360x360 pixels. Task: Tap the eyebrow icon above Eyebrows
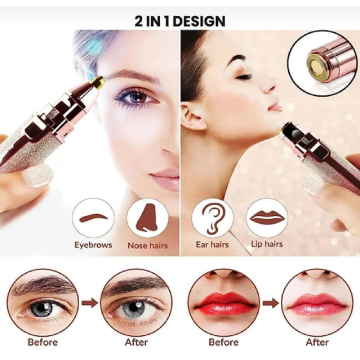coord(93,218)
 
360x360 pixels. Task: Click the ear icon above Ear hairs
coord(211,219)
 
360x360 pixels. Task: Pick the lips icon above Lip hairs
coord(267,217)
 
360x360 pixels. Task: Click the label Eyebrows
coord(93,245)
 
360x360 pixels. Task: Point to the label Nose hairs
coord(148,245)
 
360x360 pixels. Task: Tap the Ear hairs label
coord(212,244)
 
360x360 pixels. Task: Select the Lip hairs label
coord(267,243)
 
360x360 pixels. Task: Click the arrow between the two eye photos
coord(90,302)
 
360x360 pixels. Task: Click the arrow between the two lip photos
coord(270,303)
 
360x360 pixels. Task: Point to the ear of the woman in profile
coord(193,117)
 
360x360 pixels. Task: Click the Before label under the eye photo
coord(42,342)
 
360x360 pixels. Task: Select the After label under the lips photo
coord(317,342)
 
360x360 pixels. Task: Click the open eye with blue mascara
coord(138,97)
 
